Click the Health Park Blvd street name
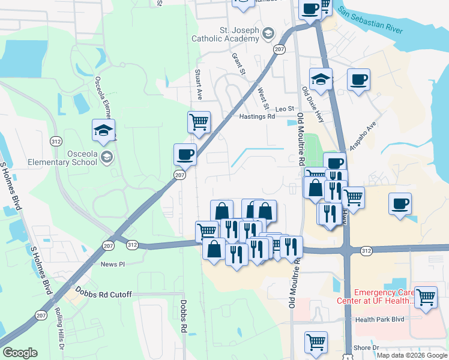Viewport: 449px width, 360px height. click(x=379, y=320)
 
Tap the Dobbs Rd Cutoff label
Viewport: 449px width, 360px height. click(x=103, y=295)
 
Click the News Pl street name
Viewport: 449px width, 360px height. click(x=112, y=264)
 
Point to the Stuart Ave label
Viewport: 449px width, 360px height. click(x=199, y=84)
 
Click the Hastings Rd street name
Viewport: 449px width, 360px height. click(x=257, y=117)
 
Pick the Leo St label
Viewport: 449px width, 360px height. click(x=285, y=109)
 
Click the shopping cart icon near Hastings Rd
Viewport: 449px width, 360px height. click(x=199, y=122)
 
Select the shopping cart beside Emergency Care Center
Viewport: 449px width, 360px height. click(x=425, y=296)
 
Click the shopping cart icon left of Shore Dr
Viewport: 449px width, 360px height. click(x=316, y=342)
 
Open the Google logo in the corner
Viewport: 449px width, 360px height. click(x=20, y=352)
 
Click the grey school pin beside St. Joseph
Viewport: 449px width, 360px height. click(x=268, y=33)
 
